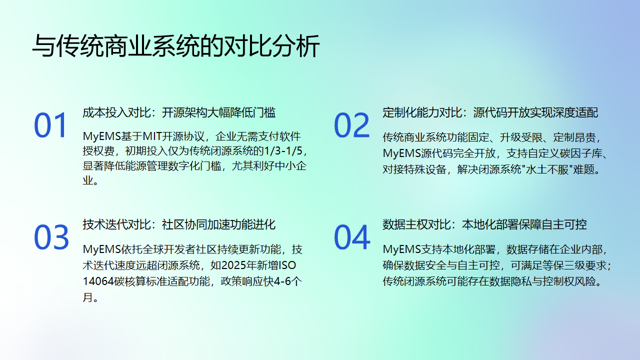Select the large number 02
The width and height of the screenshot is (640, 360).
coord(352,125)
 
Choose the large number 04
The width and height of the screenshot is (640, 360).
coord(352,237)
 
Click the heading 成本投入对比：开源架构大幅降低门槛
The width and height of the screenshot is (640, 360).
coord(179,112)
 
